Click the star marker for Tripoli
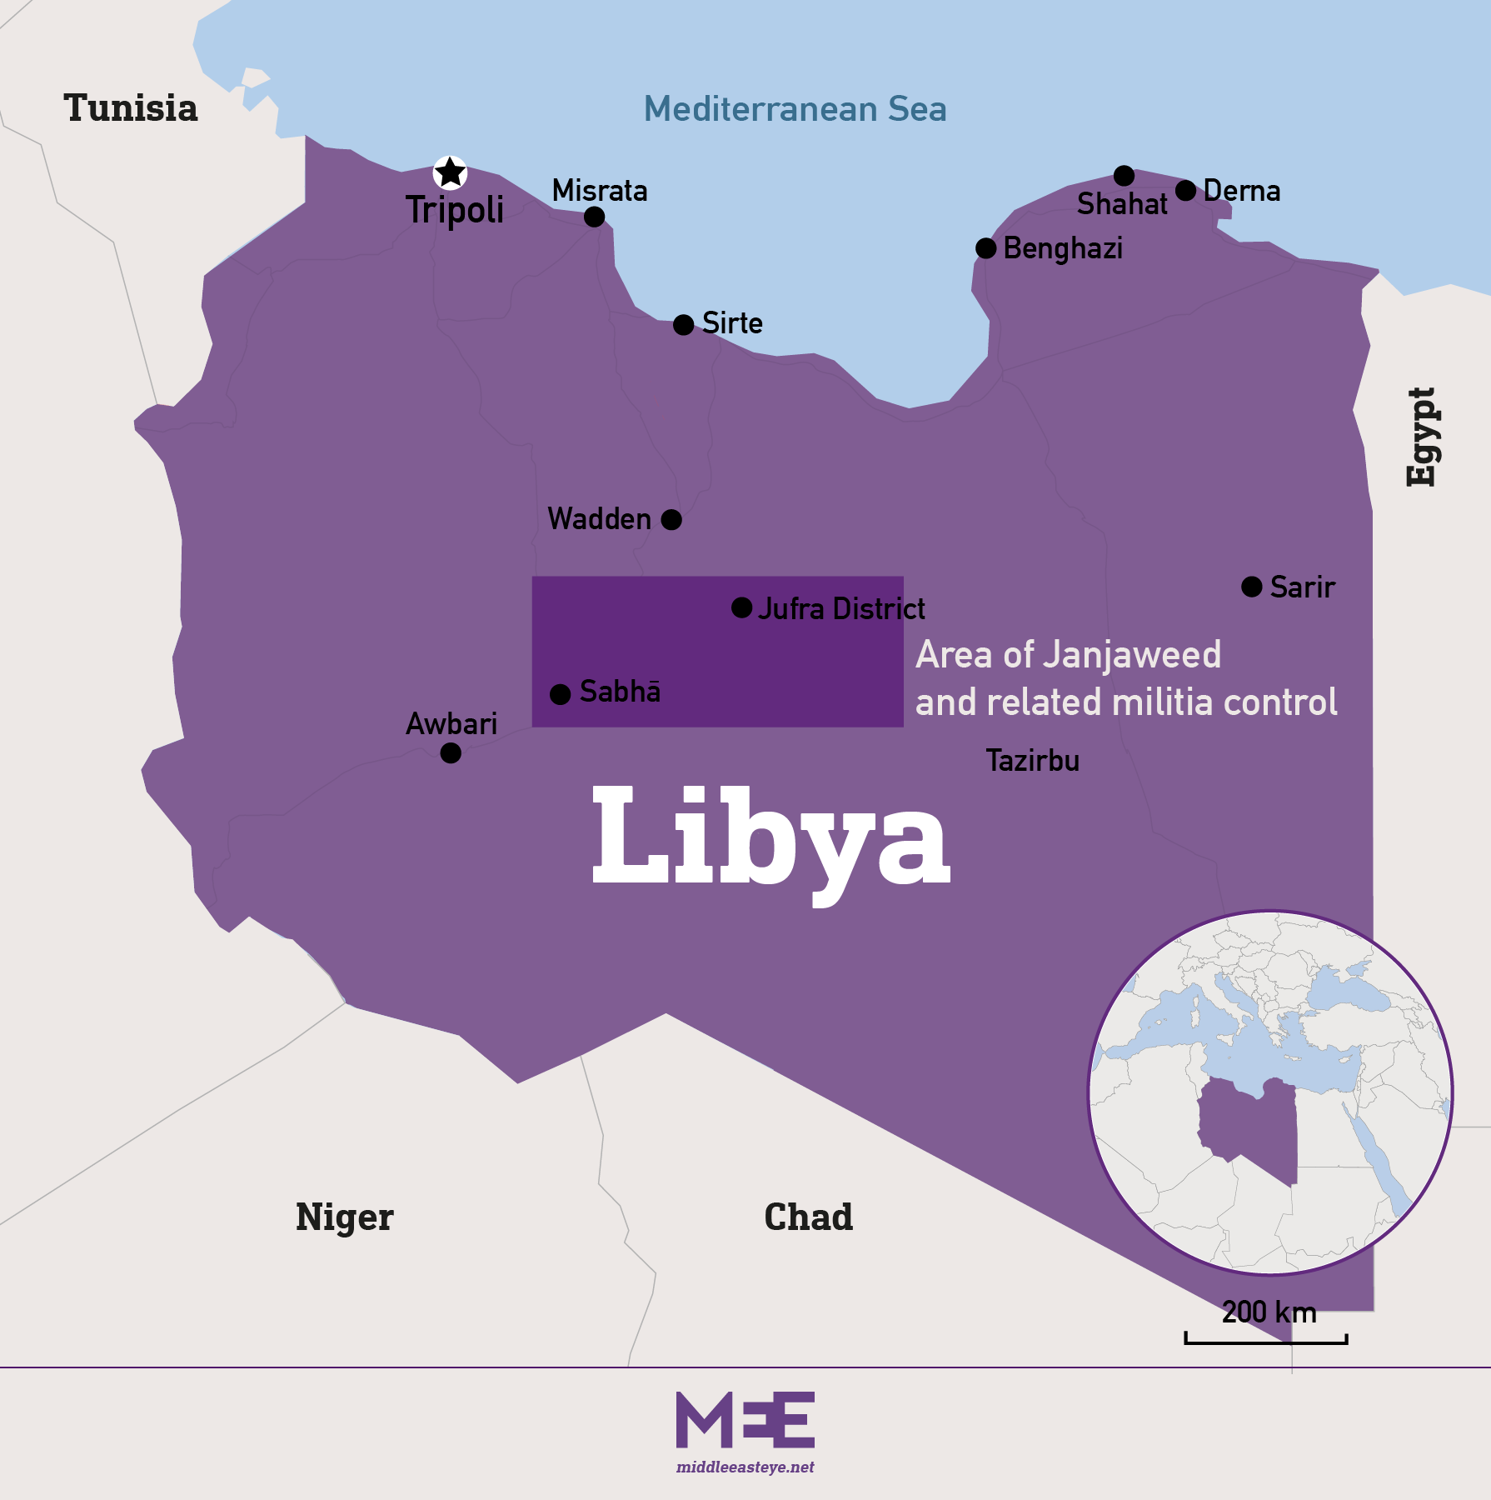(450, 172)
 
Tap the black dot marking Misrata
(594, 217)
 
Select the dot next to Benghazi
(985, 248)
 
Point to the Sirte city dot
(683, 325)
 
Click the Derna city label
(1241, 191)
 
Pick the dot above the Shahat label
(1124, 176)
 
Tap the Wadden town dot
(671, 520)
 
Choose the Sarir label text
(1302, 587)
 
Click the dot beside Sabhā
(561, 693)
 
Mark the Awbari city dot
(451, 753)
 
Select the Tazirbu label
(1032, 761)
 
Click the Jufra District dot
(741, 607)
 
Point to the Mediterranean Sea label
(795, 109)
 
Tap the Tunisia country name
(131, 108)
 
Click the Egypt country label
(1421, 437)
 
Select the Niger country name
(344, 1217)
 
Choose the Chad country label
(808, 1217)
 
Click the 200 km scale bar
(1266, 1339)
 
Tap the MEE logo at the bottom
(745, 1420)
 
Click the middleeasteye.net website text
(745, 1467)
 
